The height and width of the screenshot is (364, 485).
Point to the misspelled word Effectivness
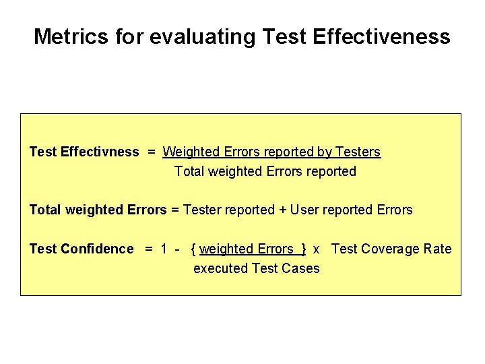tap(100, 152)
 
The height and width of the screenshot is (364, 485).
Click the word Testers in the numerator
tap(358, 152)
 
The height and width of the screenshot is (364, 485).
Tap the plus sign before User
tap(283, 210)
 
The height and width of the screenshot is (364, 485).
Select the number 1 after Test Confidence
tap(164, 249)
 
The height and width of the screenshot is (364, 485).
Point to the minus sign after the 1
tap(176, 249)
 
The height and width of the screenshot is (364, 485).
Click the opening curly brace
tap(194, 249)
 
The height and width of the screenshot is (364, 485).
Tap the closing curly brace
tap(304, 249)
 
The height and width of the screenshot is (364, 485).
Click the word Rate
tap(437, 249)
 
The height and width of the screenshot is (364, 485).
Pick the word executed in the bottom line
tap(220, 268)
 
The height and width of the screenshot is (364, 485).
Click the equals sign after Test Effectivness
tap(152, 152)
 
